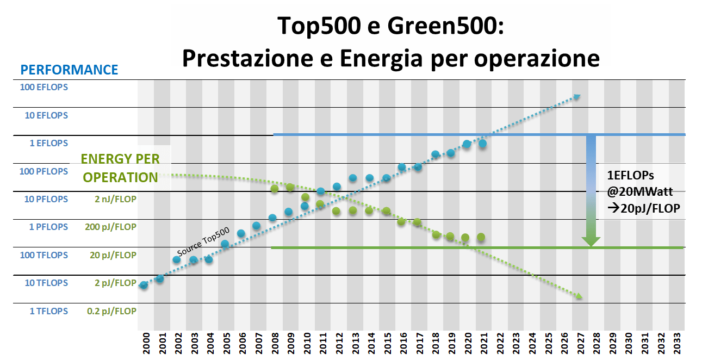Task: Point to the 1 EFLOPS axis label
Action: pos(48,143)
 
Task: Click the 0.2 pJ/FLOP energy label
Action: pos(111,311)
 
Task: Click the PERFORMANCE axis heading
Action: pos(69,70)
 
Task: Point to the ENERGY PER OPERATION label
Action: pos(120,168)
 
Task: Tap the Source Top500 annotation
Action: pos(203,242)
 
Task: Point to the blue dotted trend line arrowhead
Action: pos(577,96)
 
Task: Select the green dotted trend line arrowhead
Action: pos(579,296)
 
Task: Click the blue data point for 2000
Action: pos(144,285)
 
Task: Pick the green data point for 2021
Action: pos(481,237)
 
